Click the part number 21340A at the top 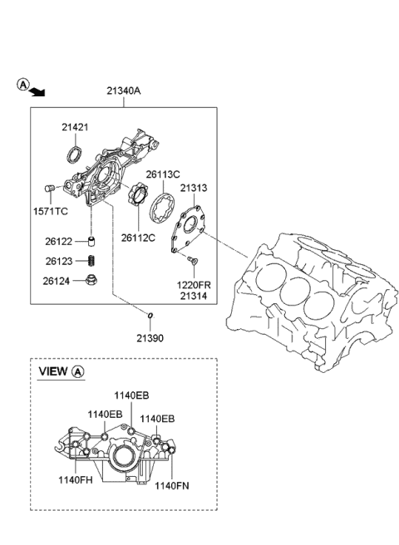tap(123, 92)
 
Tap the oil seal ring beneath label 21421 tap(75, 154)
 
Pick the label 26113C tap(163, 174)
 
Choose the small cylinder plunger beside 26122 tap(91, 242)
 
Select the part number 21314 tap(195, 296)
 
